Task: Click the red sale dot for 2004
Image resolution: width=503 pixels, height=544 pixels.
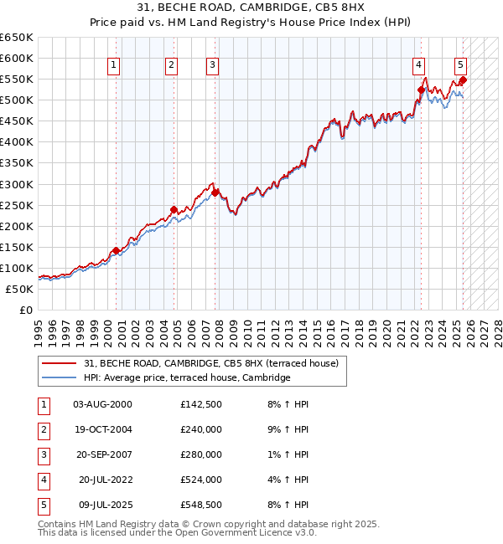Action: [x=174, y=209]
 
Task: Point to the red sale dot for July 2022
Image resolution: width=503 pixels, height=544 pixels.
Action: [x=421, y=90]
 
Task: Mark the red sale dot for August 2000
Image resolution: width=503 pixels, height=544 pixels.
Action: [x=116, y=250]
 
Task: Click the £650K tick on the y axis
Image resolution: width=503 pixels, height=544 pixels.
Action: [x=17, y=38]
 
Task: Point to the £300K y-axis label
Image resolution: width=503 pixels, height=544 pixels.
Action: [x=17, y=184]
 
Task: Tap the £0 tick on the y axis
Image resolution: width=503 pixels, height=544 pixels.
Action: [x=25, y=310]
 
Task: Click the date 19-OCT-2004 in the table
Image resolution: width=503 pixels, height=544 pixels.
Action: [x=102, y=429]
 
